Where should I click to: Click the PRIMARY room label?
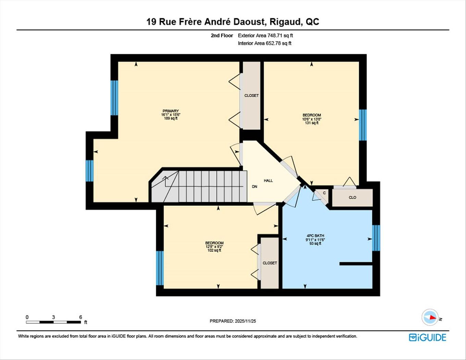pos(171,111)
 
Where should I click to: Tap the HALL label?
pos(268,180)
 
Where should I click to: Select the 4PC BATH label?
pos(315,236)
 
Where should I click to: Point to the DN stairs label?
pos(255,187)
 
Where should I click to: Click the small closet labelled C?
pos(324,193)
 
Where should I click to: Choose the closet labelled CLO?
pos(352,197)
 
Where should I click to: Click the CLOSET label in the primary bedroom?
pos(252,96)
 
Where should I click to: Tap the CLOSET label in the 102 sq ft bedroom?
pos(270,263)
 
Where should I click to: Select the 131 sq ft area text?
pos(312,123)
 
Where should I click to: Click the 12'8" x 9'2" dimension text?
pos(214,247)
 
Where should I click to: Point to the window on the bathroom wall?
pos(376,238)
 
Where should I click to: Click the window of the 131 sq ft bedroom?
pos(363,125)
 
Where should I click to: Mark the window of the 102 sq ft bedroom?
pos(160,268)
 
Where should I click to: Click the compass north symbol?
pos(430,317)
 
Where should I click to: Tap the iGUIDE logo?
pos(427,337)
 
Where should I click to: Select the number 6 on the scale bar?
pos(81,317)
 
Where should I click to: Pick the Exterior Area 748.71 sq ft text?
pos(265,35)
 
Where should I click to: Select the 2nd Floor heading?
pos(222,35)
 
